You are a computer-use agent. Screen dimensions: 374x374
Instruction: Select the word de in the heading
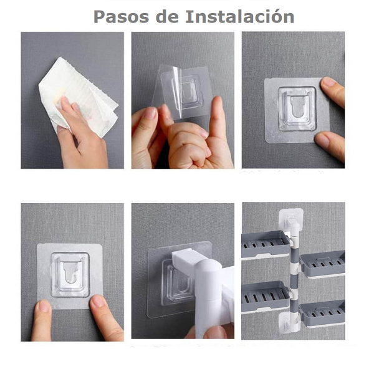tap(165, 17)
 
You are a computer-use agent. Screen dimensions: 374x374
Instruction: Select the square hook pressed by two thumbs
tap(69, 274)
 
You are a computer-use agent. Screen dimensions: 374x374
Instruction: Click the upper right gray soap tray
tap(322, 264)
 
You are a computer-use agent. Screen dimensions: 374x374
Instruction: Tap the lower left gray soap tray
tap(265, 295)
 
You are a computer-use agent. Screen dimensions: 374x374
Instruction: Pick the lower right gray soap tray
tap(322, 313)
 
